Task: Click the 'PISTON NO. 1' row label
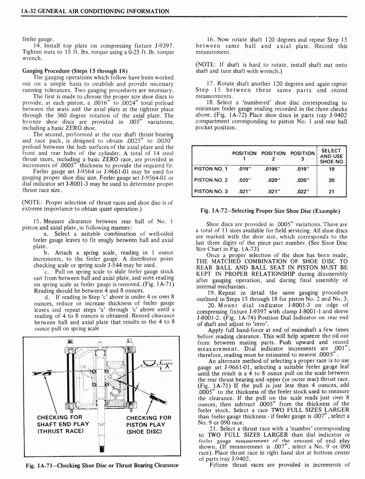pyautogui.click(x=211, y=169)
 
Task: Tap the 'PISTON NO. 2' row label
pyautogui.click(x=211, y=180)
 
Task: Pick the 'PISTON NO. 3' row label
pyautogui.click(x=211, y=191)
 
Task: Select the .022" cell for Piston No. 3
pyautogui.click(x=302, y=191)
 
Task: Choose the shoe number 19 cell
pyautogui.click(x=331, y=169)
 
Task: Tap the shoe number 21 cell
pyautogui.click(x=331, y=191)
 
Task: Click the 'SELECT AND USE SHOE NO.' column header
pyautogui.click(x=331, y=155)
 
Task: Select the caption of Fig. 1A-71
pyautogui.click(x=102, y=464)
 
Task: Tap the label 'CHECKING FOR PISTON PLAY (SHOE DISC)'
pyautogui.click(x=149, y=424)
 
